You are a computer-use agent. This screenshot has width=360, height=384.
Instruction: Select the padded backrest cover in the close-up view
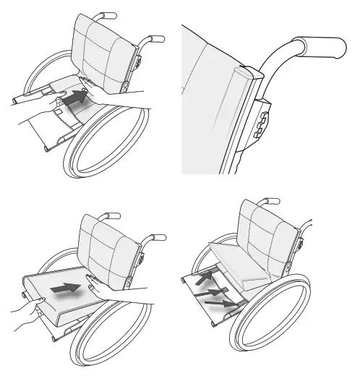pos(210,94)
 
